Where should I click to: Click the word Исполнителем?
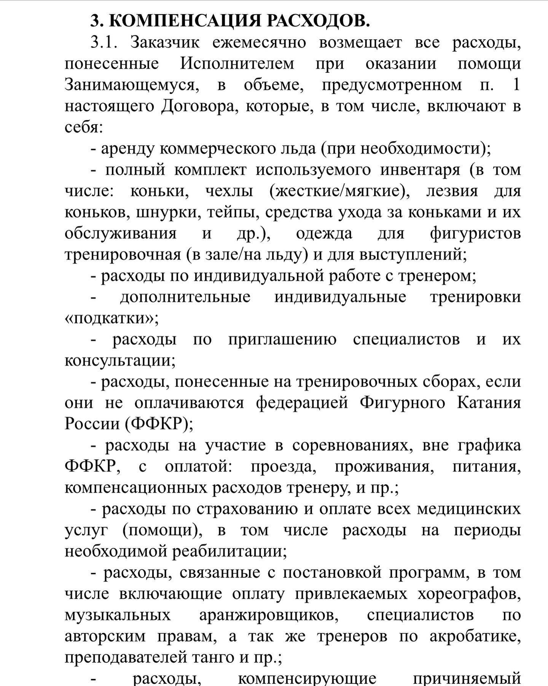click(x=237, y=63)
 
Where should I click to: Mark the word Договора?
click(x=199, y=106)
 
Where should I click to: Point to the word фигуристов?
click(x=475, y=233)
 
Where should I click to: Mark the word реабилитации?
click(x=229, y=551)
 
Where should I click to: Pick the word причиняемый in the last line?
click(x=467, y=679)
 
